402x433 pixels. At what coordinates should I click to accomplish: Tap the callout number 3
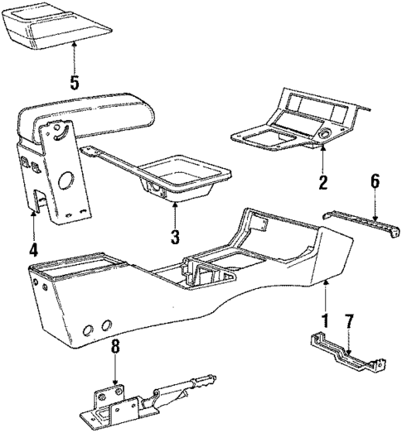tap(174, 237)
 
